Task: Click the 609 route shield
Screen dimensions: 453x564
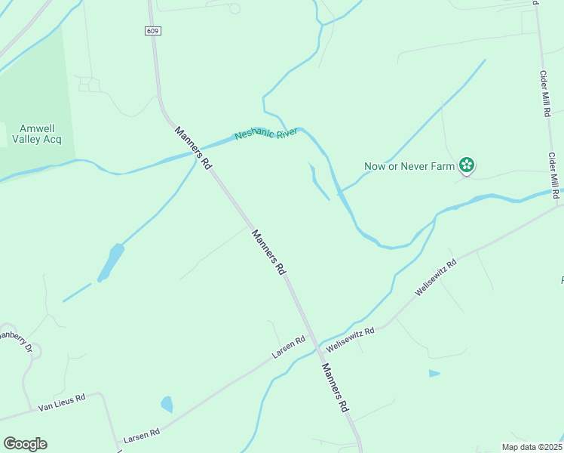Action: coord(153,31)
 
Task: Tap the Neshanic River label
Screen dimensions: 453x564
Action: coord(266,133)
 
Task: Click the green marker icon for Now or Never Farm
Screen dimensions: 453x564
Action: coord(467,165)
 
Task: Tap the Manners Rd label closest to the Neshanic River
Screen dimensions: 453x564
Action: coord(193,146)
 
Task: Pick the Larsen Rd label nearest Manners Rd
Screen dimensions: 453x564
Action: coord(289,347)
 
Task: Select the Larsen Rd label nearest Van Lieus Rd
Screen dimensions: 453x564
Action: coord(143,436)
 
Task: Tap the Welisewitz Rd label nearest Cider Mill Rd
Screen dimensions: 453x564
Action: coord(436,278)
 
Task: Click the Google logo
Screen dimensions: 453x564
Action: coord(25,444)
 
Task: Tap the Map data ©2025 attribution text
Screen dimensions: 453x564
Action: coord(532,447)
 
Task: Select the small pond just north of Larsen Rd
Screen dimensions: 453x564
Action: coord(167,404)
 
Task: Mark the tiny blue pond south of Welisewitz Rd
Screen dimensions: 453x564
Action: coord(434,373)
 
